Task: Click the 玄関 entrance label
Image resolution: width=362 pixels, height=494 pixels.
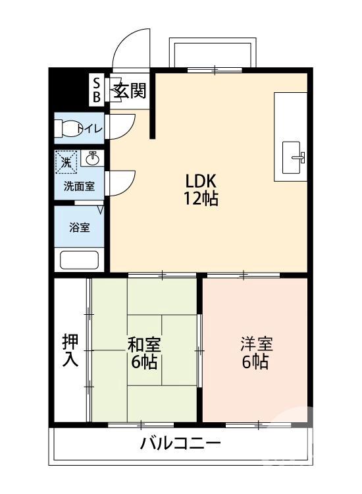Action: tap(130, 91)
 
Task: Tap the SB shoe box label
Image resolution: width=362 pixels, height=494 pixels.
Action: tap(96, 90)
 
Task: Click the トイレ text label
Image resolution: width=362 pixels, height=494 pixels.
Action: tap(90, 128)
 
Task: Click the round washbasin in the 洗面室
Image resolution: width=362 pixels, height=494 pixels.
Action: tap(93, 159)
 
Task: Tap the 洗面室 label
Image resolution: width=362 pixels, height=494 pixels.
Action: tap(79, 186)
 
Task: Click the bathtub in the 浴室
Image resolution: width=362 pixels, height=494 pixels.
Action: tap(79, 259)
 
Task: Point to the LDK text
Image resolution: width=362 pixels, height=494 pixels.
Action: tap(201, 181)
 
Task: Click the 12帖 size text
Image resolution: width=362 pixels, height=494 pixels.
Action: tap(201, 199)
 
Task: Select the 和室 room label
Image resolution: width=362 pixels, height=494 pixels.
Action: tap(143, 344)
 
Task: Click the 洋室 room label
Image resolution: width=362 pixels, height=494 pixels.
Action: tap(255, 343)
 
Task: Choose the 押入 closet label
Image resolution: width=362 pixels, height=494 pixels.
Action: tap(70, 350)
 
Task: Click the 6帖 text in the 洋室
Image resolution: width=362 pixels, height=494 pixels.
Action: tap(255, 362)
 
